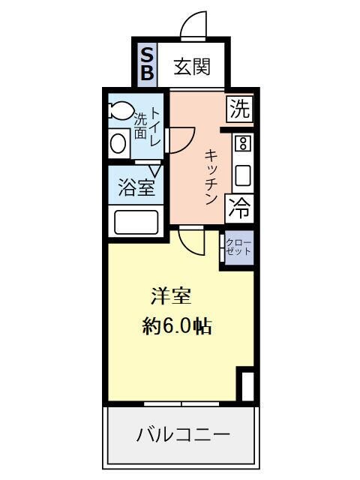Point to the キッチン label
click(x=211, y=176)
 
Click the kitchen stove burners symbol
click(x=242, y=144)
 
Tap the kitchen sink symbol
click(x=242, y=175)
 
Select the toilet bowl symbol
click(x=119, y=111)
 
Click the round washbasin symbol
click(x=118, y=142)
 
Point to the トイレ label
click(x=156, y=126)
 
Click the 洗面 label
click(x=140, y=126)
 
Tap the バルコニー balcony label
click(x=182, y=433)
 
